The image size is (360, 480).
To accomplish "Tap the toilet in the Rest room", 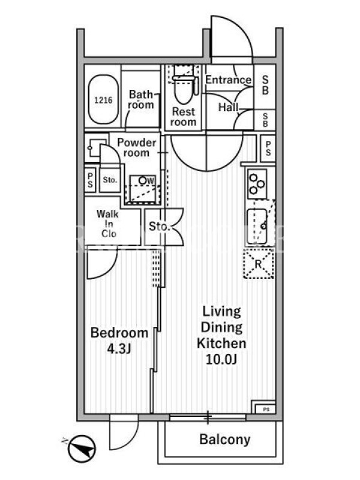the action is coord(183,85).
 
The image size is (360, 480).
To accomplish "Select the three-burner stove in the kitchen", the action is coord(257,184).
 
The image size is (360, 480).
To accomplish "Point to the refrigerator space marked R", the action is coord(259,263).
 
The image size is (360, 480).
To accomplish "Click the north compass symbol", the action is coord(82,449).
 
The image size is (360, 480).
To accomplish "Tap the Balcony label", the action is coord(224,440).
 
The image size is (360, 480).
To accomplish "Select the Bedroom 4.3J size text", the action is coord(119,340).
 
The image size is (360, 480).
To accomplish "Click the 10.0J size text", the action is coord(221,359).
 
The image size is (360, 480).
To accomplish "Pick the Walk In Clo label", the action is coord(107,223).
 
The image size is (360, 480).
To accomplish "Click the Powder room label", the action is coord(137,147).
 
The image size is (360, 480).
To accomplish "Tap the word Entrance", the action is coord(228,80).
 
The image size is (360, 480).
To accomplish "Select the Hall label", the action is coord(228,107).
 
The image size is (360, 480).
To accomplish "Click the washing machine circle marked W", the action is coord(143,181).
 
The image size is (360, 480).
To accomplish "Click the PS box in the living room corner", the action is coord(265,408).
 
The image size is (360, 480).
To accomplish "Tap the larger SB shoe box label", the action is coord(265,85).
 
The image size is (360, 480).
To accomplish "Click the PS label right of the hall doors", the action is coord(268,148).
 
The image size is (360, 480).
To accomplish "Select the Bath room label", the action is coord(141,100).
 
